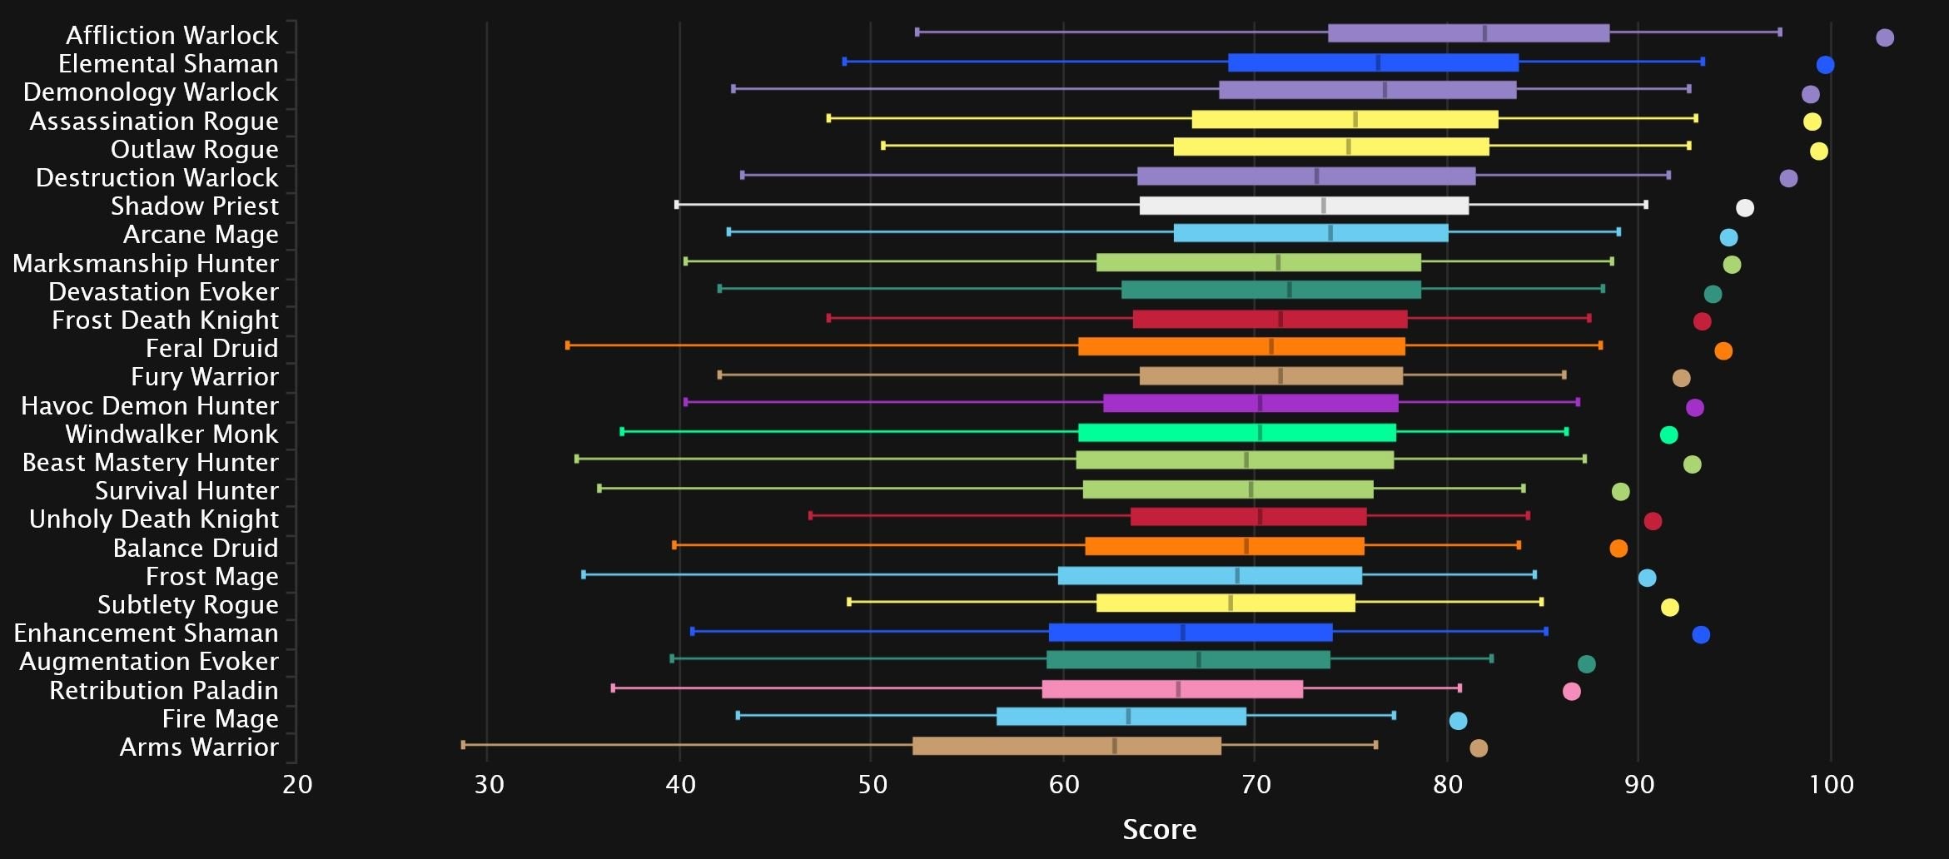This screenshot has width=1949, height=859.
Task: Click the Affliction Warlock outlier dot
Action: point(1885,37)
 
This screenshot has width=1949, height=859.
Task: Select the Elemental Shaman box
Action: point(1373,62)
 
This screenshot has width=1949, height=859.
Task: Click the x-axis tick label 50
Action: point(872,784)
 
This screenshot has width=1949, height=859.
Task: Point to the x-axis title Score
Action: point(1159,829)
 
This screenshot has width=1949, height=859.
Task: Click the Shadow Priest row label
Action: point(195,206)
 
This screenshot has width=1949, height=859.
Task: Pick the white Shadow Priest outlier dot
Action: point(1745,208)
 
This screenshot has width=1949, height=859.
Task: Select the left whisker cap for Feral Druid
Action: point(568,345)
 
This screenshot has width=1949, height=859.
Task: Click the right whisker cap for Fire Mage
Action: point(1394,715)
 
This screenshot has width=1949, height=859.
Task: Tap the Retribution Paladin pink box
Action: point(1172,689)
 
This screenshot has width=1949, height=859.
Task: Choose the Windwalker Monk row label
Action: point(172,434)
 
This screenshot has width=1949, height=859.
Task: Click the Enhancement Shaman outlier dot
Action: point(1701,635)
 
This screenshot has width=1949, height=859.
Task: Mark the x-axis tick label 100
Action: point(1831,784)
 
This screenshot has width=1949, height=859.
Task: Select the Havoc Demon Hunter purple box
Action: point(1250,404)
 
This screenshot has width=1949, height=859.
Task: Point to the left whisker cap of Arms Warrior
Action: point(464,745)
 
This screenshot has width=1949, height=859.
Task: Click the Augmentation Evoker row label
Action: point(149,661)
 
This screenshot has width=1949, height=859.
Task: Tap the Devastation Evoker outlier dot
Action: point(1713,294)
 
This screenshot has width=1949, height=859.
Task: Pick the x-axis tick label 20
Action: point(297,784)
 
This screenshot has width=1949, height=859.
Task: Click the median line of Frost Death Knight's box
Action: point(1280,319)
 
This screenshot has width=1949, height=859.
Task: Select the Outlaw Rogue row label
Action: point(195,149)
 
